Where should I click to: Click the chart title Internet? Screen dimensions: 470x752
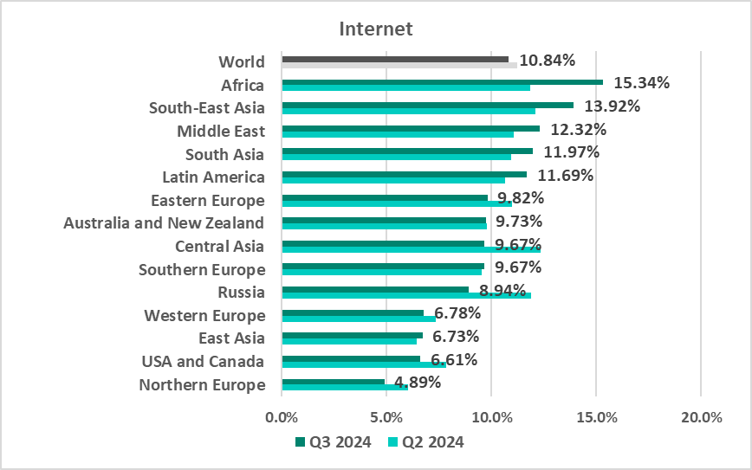(376, 29)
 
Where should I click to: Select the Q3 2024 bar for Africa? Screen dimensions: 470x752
(442, 82)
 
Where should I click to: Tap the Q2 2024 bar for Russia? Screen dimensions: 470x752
(406, 295)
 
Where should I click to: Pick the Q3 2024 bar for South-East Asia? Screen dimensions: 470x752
(427, 105)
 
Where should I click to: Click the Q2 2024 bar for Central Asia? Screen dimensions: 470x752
(411, 249)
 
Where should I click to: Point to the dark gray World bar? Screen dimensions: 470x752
(395, 59)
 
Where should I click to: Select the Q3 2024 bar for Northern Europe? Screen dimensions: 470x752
(333, 381)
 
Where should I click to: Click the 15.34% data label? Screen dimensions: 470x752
(642, 83)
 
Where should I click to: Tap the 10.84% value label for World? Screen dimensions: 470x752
(547, 61)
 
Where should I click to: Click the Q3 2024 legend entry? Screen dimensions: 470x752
(334, 442)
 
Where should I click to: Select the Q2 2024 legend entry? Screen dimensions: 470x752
(425, 442)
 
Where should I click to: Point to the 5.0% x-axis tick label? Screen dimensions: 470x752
(386, 418)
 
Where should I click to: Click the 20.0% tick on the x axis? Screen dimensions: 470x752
(701, 418)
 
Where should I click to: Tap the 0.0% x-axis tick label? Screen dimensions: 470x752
(282, 418)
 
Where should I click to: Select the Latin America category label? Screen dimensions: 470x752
(213, 177)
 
